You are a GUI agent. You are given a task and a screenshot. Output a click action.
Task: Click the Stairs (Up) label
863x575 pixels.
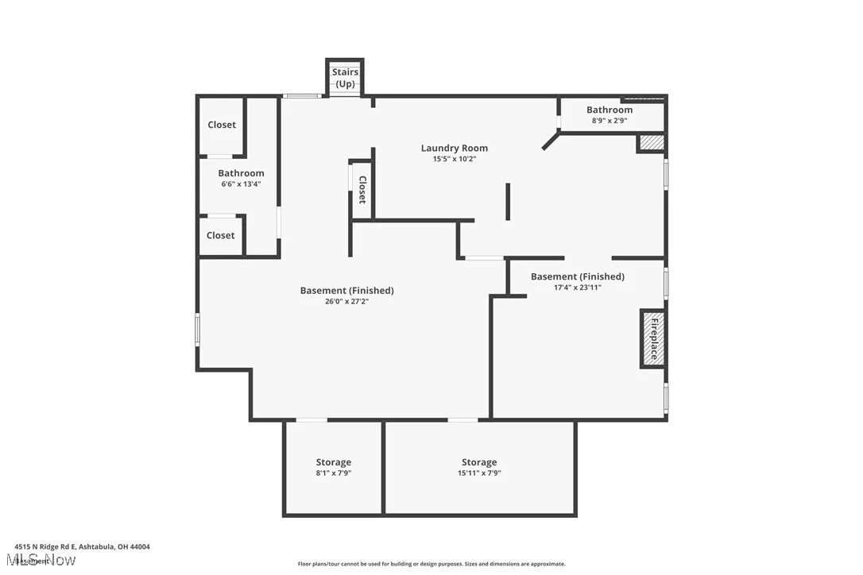pos(345,78)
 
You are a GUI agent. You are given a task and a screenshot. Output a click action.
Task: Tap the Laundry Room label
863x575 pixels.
pos(454,148)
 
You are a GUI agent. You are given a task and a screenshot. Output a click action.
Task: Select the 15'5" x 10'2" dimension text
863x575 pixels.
pos(454,159)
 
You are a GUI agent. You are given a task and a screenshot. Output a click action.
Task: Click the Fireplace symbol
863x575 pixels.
pos(653,338)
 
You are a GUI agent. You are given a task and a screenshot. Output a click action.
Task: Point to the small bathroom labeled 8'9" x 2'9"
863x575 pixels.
pos(610,114)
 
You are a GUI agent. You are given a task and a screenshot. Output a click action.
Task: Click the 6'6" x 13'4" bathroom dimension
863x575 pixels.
pos(241,184)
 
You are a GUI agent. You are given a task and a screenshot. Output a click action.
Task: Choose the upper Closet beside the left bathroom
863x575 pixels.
pos(222,125)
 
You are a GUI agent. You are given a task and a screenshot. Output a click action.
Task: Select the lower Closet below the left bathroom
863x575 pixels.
pos(220,235)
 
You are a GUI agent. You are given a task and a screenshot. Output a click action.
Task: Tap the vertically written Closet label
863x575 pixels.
pos(362,190)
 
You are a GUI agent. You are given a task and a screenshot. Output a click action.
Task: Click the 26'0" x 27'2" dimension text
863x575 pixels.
pos(346,301)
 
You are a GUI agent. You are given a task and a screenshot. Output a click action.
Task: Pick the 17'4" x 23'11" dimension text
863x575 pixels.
pos(577,287)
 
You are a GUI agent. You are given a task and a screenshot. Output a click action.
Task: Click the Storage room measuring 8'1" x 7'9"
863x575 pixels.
pos(333,467)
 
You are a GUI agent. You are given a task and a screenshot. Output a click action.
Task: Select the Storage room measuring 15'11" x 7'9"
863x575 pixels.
pos(479,467)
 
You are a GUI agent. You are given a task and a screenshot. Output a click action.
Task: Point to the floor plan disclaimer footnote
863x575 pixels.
pos(431,564)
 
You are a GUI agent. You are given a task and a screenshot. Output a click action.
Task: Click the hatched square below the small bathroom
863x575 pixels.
pos(652,143)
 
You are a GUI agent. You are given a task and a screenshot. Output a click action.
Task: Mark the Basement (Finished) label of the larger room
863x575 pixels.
pos(346,290)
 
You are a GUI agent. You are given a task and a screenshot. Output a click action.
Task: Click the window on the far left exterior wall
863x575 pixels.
pos(198,329)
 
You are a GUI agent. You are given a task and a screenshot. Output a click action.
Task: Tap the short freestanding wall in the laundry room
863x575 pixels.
pos(508,202)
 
